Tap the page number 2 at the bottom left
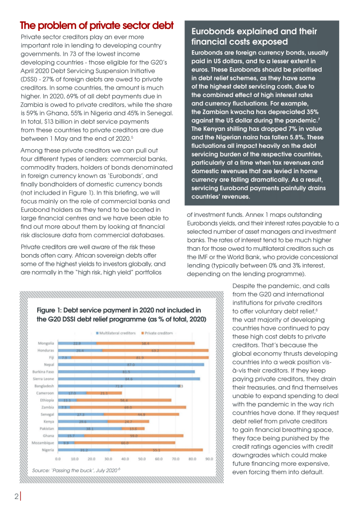[x=16, y=496]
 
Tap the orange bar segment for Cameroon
[x=104, y=393]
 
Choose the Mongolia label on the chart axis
[x=46, y=343]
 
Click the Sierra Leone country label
[x=45, y=379]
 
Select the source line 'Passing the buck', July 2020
[x=77, y=470]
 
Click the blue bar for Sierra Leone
[x=129, y=379]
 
